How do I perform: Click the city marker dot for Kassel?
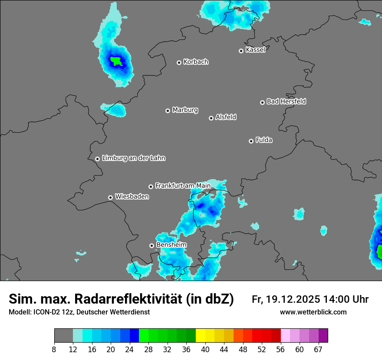point(241,51)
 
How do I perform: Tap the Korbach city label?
point(196,62)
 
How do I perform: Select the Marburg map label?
point(185,110)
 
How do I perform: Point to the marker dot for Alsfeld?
point(211,118)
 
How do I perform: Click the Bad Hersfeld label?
point(286,101)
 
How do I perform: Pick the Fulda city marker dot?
point(251,141)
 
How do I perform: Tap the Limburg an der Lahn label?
point(134,158)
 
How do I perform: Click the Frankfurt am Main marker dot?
point(151,187)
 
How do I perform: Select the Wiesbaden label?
point(132,196)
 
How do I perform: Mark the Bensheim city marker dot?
point(151,245)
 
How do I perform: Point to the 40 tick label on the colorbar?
point(205,350)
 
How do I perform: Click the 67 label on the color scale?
point(318,350)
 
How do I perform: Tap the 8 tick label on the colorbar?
point(54,350)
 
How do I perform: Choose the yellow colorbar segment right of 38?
point(201,336)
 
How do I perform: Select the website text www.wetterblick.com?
point(313,312)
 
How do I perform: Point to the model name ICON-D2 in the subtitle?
point(44,312)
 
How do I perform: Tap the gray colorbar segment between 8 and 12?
point(63,336)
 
